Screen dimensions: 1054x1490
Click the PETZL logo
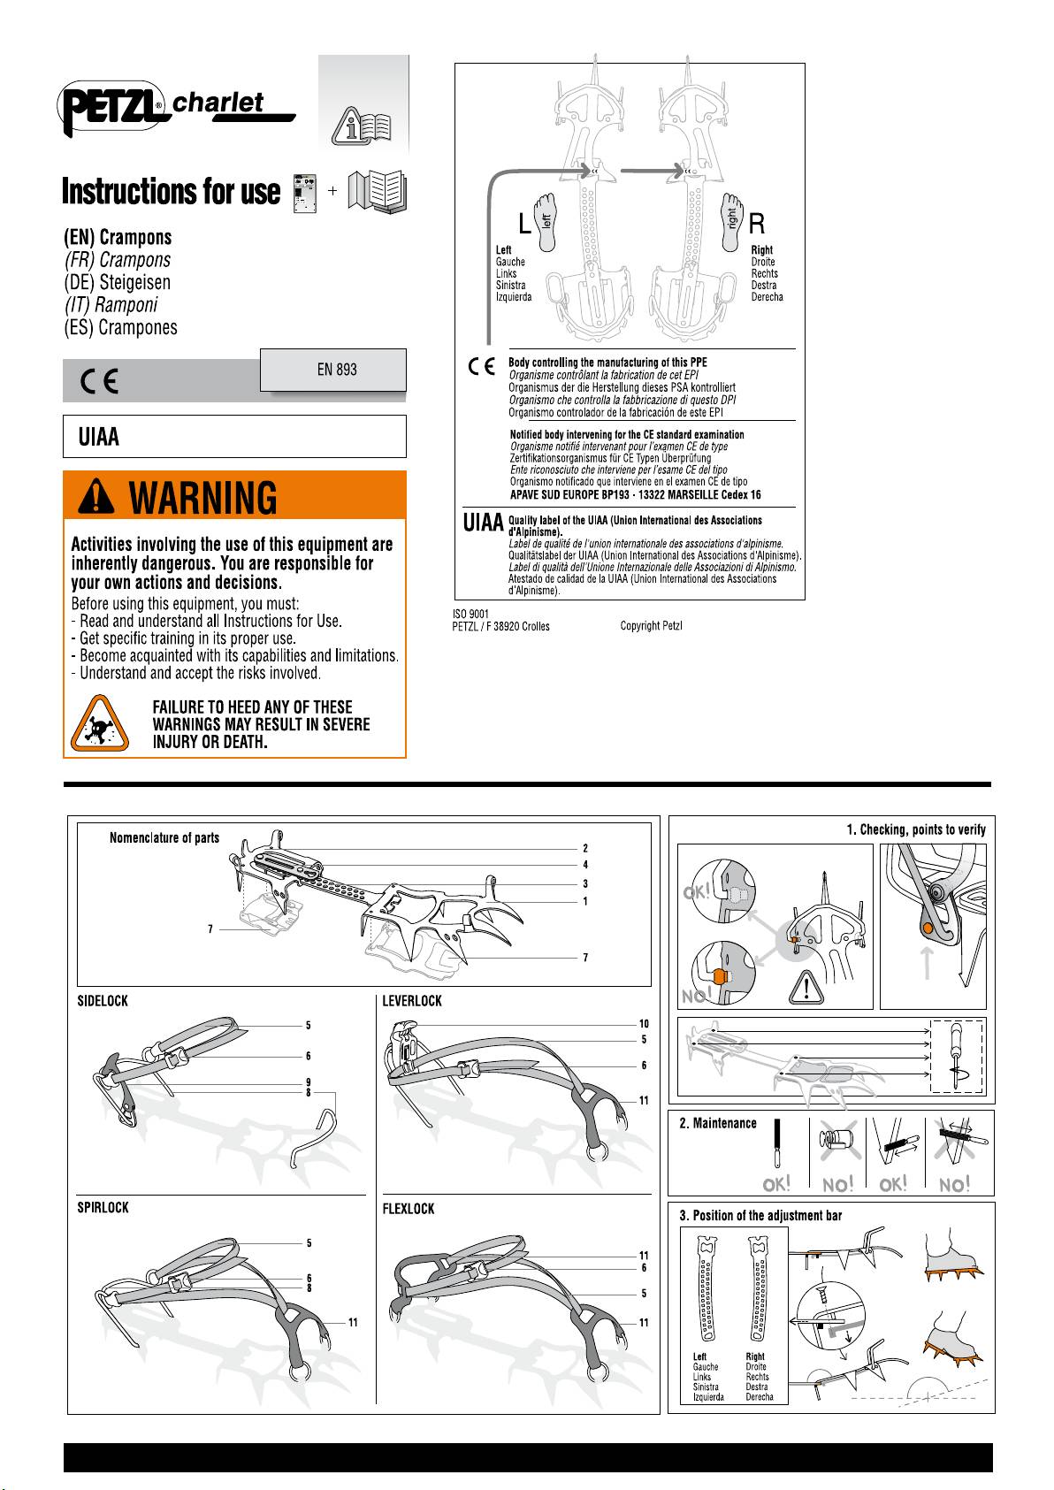pyautogui.click(x=111, y=108)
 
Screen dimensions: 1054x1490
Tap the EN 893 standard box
pyautogui.click(x=333, y=370)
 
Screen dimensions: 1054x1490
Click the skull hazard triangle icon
pyautogui.click(x=100, y=723)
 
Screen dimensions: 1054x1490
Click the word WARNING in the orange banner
pyautogui.click(x=202, y=498)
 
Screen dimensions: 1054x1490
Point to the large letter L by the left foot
pyautogui.click(x=524, y=224)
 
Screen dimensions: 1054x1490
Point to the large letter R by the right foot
pyautogui.click(x=757, y=224)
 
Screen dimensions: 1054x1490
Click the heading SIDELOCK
pyautogui.click(x=103, y=1001)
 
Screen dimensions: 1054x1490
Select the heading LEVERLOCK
pyautogui.click(x=412, y=1001)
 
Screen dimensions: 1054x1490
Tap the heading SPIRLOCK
pyautogui.click(x=103, y=1208)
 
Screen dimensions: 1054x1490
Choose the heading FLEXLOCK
pyautogui.click(x=409, y=1210)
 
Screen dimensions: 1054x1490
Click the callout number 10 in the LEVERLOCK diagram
pyautogui.click(x=644, y=1024)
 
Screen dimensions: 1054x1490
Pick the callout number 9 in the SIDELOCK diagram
pyautogui.click(x=308, y=1082)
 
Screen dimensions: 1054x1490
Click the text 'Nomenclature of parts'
pyautogui.click(x=164, y=838)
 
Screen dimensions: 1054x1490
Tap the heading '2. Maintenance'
pyautogui.click(x=718, y=1124)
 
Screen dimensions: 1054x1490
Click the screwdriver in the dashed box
pyautogui.click(x=956, y=1055)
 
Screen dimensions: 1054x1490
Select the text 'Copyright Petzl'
pyautogui.click(x=651, y=625)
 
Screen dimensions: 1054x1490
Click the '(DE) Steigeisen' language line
pyautogui.click(x=117, y=283)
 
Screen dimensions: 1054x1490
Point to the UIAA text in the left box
pyautogui.click(x=98, y=437)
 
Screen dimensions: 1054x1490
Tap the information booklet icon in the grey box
pyautogui.click(x=363, y=125)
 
